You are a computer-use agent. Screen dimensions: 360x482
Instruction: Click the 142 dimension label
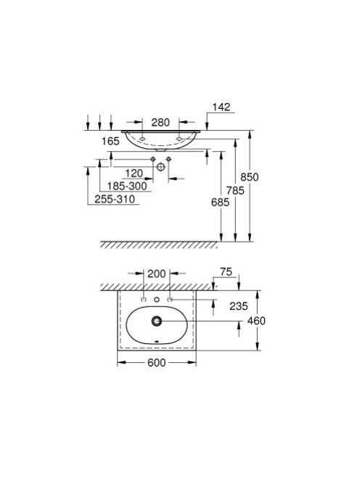(221, 107)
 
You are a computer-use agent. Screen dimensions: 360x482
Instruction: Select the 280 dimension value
(160, 123)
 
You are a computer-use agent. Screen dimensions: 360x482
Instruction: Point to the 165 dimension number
(110, 141)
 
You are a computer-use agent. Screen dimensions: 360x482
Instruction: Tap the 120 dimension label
(134, 173)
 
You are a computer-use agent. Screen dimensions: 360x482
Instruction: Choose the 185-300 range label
(127, 186)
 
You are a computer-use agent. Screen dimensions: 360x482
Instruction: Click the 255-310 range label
(115, 199)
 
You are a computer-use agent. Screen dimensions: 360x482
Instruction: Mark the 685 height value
(220, 202)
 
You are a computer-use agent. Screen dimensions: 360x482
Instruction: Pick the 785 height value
(235, 191)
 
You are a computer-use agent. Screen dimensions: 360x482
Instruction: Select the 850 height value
(250, 177)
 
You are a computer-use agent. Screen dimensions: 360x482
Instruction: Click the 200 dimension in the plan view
(157, 274)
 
